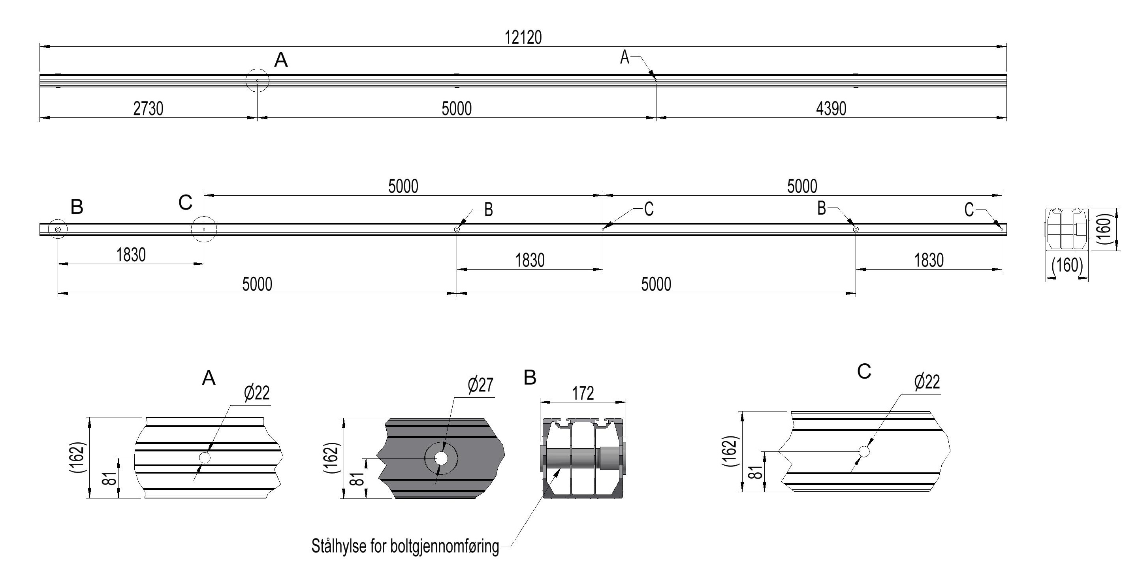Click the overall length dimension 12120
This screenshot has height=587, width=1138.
(x=523, y=38)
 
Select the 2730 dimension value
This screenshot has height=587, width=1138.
(x=148, y=108)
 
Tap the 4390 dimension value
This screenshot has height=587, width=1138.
(x=831, y=108)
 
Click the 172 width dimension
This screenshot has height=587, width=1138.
(x=583, y=393)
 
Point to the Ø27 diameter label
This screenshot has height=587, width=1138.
(x=480, y=385)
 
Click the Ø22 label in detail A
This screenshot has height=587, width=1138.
(x=257, y=393)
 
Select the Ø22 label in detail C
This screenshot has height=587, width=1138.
(x=927, y=381)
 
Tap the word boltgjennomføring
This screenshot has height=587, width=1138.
(x=445, y=547)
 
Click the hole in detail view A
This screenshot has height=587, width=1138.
(x=205, y=457)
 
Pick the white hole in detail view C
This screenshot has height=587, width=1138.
(x=864, y=451)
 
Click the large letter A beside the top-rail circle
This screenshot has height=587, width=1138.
(x=281, y=60)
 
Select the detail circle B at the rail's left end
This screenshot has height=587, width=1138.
(x=57, y=229)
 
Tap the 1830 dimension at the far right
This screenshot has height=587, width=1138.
(x=929, y=260)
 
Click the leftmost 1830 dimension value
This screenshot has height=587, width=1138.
(x=131, y=255)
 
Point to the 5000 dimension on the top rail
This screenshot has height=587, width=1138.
(x=456, y=108)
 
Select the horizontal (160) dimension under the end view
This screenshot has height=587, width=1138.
(x=1067, y=265)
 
